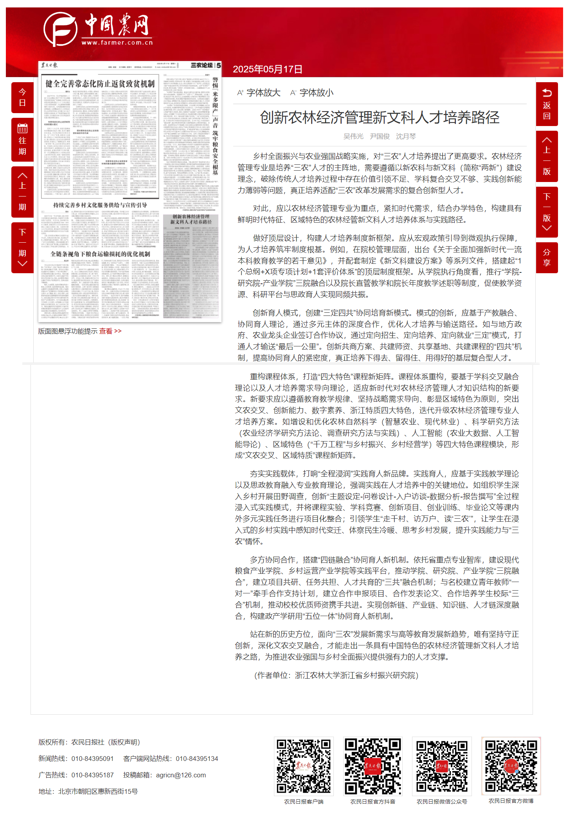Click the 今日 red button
(x=22, y=97)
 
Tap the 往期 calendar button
(x=22, y=140)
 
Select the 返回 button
(x=547, y=104)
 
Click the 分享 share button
(x=547, y=258)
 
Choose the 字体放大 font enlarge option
(x=259, y=93)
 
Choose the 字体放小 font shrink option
(x=312, y=93)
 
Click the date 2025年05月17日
(x=268, y=69)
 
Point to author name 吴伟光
(x=353, y=136)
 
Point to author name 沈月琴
(x=406, y=136)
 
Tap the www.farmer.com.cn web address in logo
(x=117, y=43)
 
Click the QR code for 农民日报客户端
(x=304, y=766)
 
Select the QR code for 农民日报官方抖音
(x=373, y=766)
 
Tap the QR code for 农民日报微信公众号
(x=442, y=766)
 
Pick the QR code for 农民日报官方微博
(x=511, y=766)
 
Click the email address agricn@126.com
(x=181, y=775)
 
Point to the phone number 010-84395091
(x=92, y=759)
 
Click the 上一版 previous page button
(x=547, y=156)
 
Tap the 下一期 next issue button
(x=22, y=247)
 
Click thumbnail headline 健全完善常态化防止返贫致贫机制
(x=100, y=84)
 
